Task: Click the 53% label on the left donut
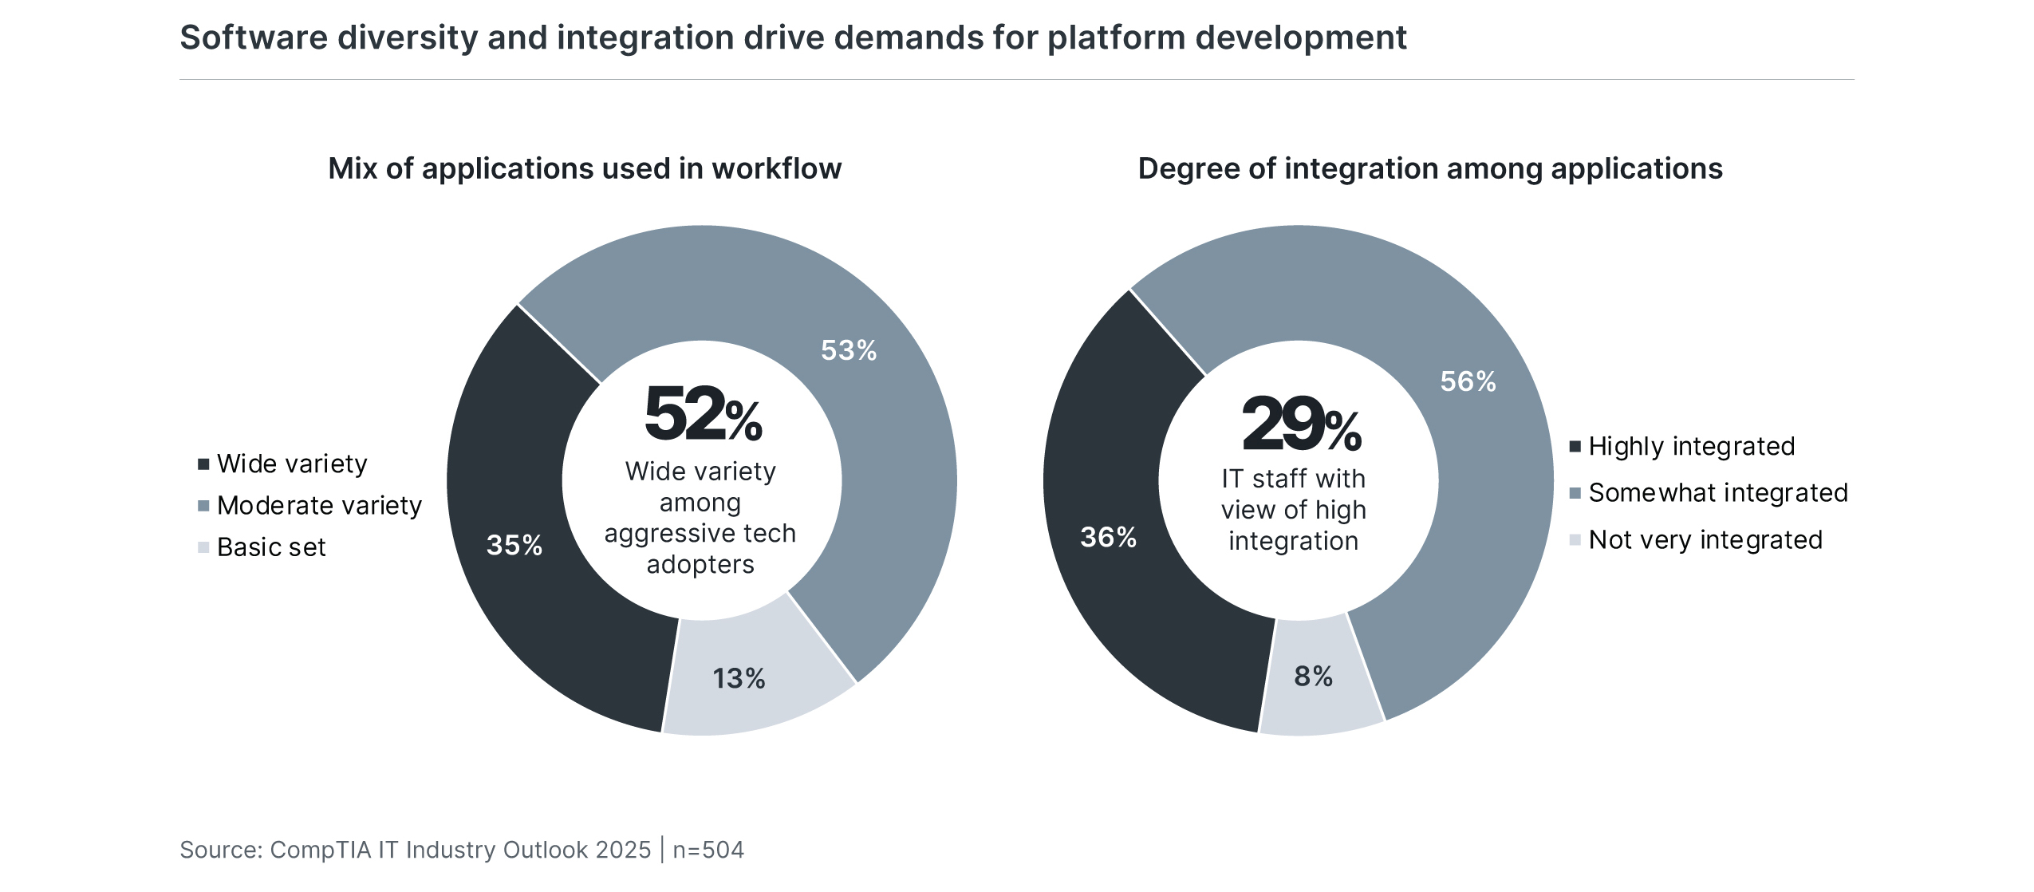848,350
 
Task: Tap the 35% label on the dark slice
514,545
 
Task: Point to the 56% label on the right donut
1468,381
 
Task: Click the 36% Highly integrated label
1108,537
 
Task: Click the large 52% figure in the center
702,414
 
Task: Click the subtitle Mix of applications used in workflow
585,168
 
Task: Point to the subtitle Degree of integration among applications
1430,168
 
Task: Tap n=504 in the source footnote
708,850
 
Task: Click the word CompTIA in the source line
321,850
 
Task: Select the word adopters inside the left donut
700,564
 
